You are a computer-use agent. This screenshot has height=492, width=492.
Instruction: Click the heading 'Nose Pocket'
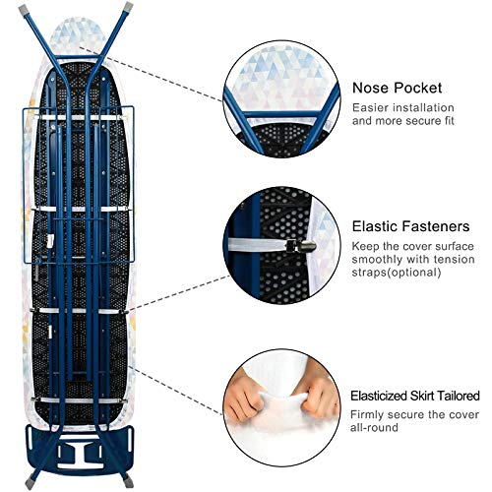tap(397, 89)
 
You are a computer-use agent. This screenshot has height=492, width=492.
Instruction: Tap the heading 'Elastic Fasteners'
tap(410, 226)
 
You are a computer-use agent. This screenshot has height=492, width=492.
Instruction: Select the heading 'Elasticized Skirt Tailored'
tap(415, 396)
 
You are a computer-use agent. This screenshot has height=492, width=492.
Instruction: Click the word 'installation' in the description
tap(423, 107)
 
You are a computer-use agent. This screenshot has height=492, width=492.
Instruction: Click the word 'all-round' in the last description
tap(374, 428)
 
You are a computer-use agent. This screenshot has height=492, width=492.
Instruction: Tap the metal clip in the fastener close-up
tap(301, 246)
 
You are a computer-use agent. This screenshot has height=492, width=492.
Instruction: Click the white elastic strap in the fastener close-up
tap(258, 245)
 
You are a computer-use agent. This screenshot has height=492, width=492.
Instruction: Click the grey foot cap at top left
tap(24, 10)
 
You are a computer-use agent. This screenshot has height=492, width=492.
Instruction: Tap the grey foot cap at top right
tap(129, 6)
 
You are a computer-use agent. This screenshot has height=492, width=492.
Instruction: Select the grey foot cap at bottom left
tap(31, 483)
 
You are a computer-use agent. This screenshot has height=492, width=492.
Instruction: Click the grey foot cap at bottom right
tap(128, 481)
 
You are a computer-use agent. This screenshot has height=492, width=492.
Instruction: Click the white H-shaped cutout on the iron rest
tap(81, 451)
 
